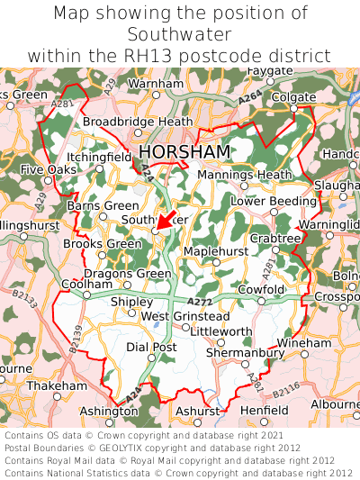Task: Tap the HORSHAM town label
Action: coord(184,151)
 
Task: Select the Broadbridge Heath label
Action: coord(138,122)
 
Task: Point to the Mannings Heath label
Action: coord(244,174)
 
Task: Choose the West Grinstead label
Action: coord(185,316)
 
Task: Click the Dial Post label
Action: coord(150,347)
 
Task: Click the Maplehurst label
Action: coord(214,250)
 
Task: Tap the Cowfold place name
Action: coord(261,289)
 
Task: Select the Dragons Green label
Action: coord(127,274)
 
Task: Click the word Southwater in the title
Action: coord(179,34)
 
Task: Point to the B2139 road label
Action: coord(77,339)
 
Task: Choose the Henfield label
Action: coord(264,410)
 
